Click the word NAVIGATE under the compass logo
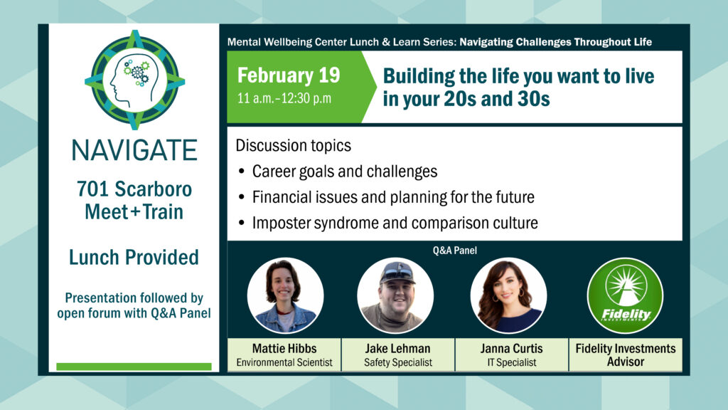coord(134,150)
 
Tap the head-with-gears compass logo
coord(134,80)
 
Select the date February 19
coord(289,75)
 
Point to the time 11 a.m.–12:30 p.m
coord(284,98)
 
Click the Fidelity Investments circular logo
coord(625,295)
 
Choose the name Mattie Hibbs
coord(284,348)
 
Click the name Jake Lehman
coord(397,348)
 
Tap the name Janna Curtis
coord(511,348)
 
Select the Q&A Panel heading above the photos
coord(454,251)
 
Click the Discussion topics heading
coord(294,145)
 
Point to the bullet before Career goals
coord(242,172)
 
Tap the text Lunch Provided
coord(134,257)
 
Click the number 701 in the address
coord(92,189)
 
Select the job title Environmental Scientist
coord(284,362)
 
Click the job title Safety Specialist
coord(398,362)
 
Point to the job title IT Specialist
coord(512,362)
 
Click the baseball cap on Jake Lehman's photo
coord(396,271)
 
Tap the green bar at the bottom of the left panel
coord(134,367)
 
